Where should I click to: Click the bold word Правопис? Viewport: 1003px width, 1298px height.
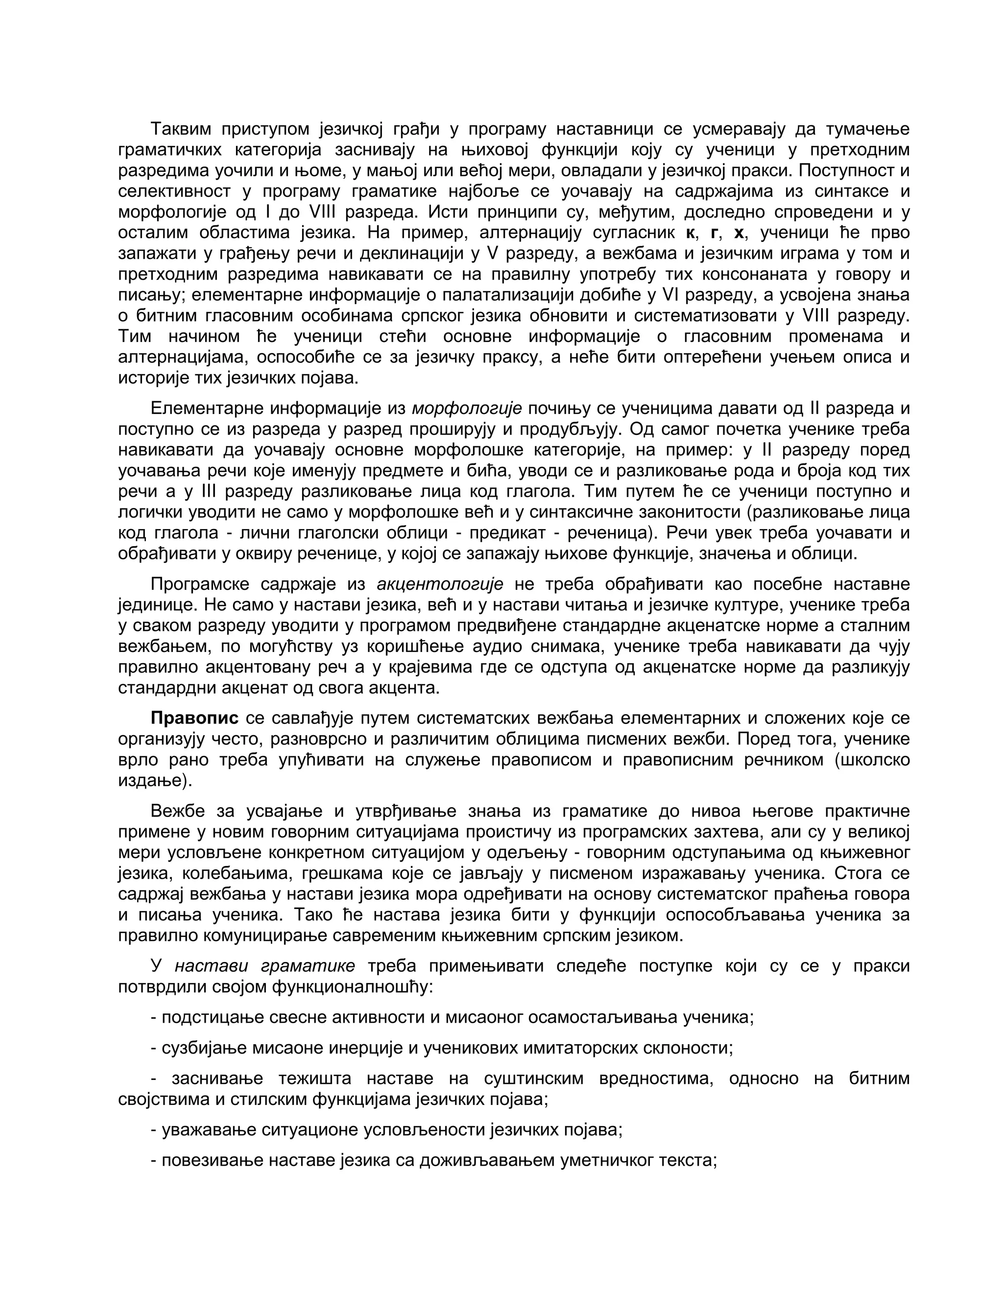194,718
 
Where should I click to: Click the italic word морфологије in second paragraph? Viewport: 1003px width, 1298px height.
466,409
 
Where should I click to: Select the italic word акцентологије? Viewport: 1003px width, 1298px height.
440,584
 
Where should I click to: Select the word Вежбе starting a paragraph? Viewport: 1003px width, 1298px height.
178,811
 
